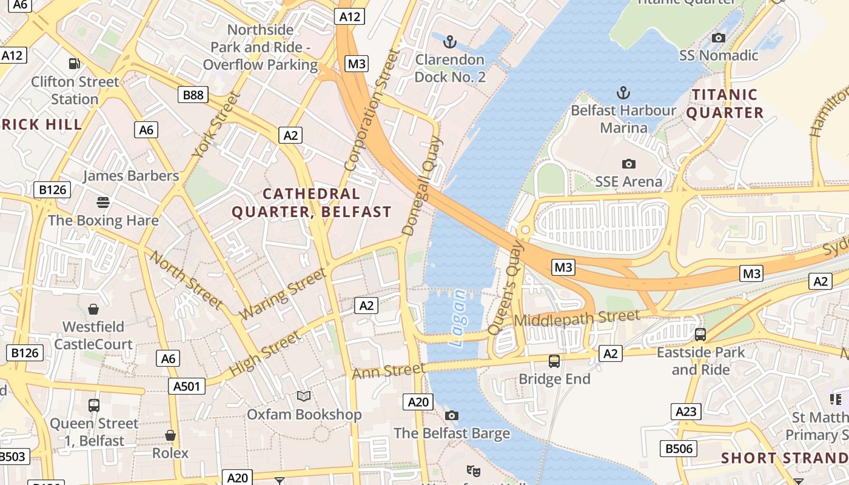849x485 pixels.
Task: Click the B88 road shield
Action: [x=193, y=95]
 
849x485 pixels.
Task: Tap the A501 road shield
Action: [x=186, y=386]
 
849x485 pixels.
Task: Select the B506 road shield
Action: [x=679, y=449]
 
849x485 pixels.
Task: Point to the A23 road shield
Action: [x=686, y=412]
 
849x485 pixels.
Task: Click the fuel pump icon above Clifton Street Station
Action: [x=74, y=63]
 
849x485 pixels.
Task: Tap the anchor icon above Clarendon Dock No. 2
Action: [x=449, y=42]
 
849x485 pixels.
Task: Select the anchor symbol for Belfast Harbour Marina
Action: [x=623, y=93]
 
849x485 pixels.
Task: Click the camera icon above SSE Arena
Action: [x=629, y=164]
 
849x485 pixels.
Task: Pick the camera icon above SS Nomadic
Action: [x=719, y=38]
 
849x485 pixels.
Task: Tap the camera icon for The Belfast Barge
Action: [x=452, y=415]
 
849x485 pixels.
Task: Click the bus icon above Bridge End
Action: [x=554, y=361]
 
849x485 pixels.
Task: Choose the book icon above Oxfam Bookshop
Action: [x=304, y=396]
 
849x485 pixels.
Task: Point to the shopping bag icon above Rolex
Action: [x=170, y=435]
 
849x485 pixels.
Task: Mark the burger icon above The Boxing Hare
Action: [x=103, y=202]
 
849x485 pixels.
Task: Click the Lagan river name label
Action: [x=459, y=318]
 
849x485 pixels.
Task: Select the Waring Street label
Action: [x=283, y=295]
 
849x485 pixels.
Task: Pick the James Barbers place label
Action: [x=131, y=176]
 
